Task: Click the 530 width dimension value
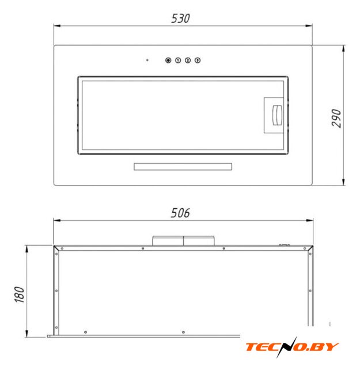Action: point(180,18)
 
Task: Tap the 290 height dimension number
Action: point(336,118)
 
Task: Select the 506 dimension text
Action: point(180,213)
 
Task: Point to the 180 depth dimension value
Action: point(19,295)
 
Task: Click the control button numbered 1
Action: point(178,61)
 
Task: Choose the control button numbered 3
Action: point(198,61)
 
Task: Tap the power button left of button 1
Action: point(168,61)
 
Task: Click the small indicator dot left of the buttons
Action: point(147,60)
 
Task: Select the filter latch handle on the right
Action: point(277,115)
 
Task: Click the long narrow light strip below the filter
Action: point(183,167)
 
